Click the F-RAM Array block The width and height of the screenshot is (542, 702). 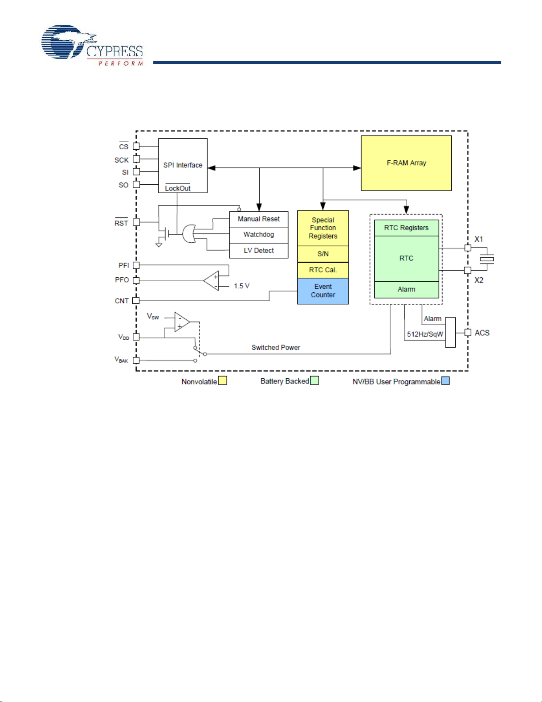click(x=406, y=163)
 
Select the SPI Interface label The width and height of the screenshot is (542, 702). click(x=183, y=165)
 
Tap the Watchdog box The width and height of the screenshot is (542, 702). click(x=259, y=235)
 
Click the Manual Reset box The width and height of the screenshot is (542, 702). click(x=259, y=219)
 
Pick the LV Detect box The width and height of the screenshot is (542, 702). click(x=259, y=251)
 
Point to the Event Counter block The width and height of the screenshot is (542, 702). click(x=323, y=291)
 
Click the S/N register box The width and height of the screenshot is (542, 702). click(x=323, y=254)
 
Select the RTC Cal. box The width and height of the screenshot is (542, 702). click(x=323, y=270)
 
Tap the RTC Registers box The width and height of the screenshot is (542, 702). click(x=406, y=228)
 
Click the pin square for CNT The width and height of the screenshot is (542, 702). click(x=136, y=301)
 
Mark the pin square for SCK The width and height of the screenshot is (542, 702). click(x=136, y=159)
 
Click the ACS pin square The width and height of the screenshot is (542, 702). click(x=468, y=333)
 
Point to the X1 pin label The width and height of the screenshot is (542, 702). click(x=479, y=239)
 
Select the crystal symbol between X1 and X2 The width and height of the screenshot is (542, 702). click(x=487, y=260)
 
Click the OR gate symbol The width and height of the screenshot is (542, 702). click(x=189, y=234)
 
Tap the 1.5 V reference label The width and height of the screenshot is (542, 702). click(x=242, y=286)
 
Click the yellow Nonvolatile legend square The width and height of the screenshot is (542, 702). click(x=223, y=380)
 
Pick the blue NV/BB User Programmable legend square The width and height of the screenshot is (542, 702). click(x=446, y=381)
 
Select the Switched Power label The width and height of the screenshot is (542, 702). click(x=276, y=348)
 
